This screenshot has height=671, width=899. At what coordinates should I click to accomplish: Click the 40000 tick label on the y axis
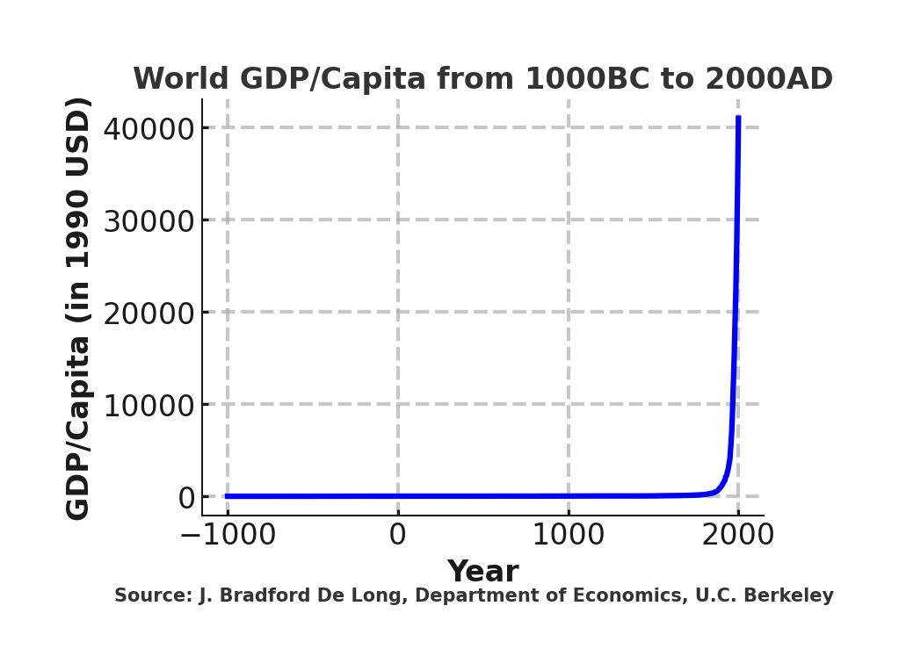tap(148, 129)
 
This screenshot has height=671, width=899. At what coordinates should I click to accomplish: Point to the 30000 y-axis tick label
tap(148, 221)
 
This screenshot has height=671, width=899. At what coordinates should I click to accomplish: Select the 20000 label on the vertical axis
tap(148, 314)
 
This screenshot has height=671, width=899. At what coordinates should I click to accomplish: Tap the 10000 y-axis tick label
tap(148, 406)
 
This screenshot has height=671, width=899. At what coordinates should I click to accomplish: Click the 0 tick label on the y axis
tap(186, 498)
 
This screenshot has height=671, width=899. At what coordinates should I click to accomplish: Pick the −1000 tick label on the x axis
tap(228, 535)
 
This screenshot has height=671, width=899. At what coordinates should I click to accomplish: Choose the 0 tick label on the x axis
tap(398, 535)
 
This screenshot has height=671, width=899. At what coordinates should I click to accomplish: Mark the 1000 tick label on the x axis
tap(568, 535)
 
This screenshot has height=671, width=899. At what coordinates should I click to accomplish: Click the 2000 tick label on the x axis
tap(738, 535)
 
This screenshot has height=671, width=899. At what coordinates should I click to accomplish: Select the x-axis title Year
tap(482, 572)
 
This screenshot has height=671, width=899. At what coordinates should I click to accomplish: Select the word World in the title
tap(182, 80)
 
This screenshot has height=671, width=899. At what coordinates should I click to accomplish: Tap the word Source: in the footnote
tap(153, 595)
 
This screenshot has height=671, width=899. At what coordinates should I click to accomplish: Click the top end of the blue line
tap(738, 118)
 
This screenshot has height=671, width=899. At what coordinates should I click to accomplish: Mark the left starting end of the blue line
tap(227, 496)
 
